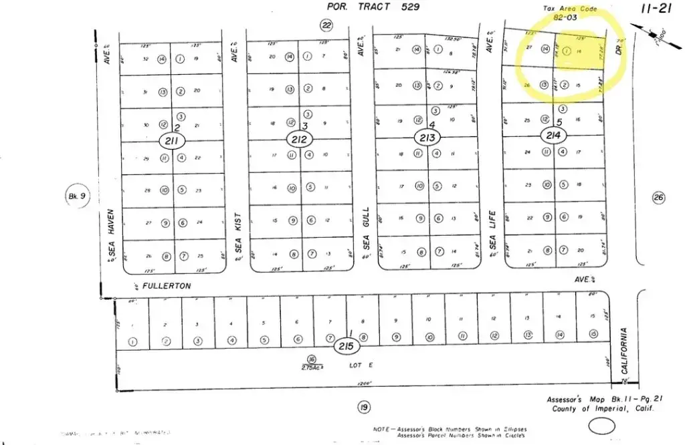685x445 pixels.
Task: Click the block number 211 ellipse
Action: (171, 140)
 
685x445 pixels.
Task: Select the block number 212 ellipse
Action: (299, 140)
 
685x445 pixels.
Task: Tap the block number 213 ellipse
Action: (427, 138)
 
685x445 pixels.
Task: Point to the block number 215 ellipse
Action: (346, 347)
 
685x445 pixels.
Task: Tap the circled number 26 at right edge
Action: (658, 197)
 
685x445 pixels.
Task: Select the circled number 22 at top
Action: (326, 25)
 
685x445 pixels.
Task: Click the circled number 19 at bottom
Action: (364, 407)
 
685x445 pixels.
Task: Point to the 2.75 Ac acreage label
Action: (312, 367)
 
